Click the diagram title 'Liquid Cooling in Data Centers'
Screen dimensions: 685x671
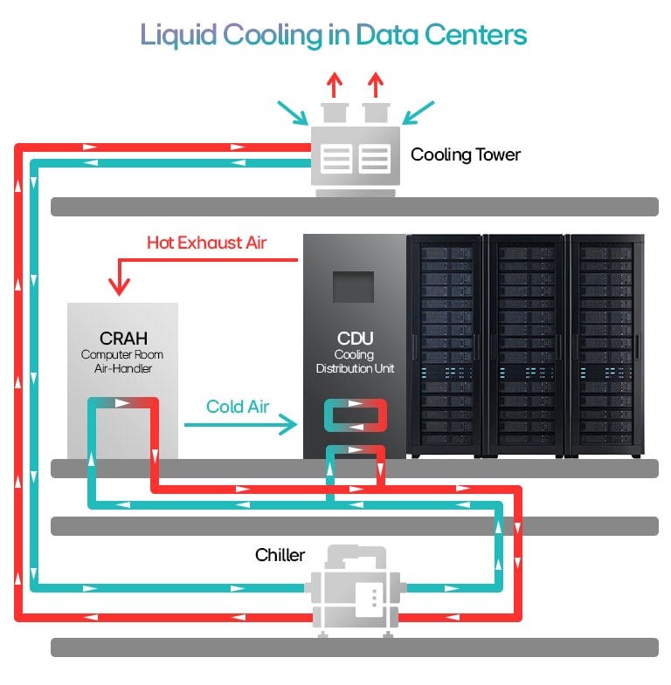tap(334, 35)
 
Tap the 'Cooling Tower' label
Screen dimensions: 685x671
tap(465, 155)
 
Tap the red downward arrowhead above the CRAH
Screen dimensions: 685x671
tap(118, 284)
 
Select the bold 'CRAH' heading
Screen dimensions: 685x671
tap(122, 339)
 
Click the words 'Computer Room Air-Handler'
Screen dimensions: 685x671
tap(122, 361)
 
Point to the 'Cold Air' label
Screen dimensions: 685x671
tap(238, 407)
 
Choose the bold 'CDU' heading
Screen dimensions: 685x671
tap(355, 339)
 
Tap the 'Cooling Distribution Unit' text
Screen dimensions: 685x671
tap(355, 361)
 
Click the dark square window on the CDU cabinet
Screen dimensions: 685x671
tap(353, 286)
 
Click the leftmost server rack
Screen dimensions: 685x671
tap(444, 345)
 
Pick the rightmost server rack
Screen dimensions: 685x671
tap(606, 345)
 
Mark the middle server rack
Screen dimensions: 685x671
tap(525, 345)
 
